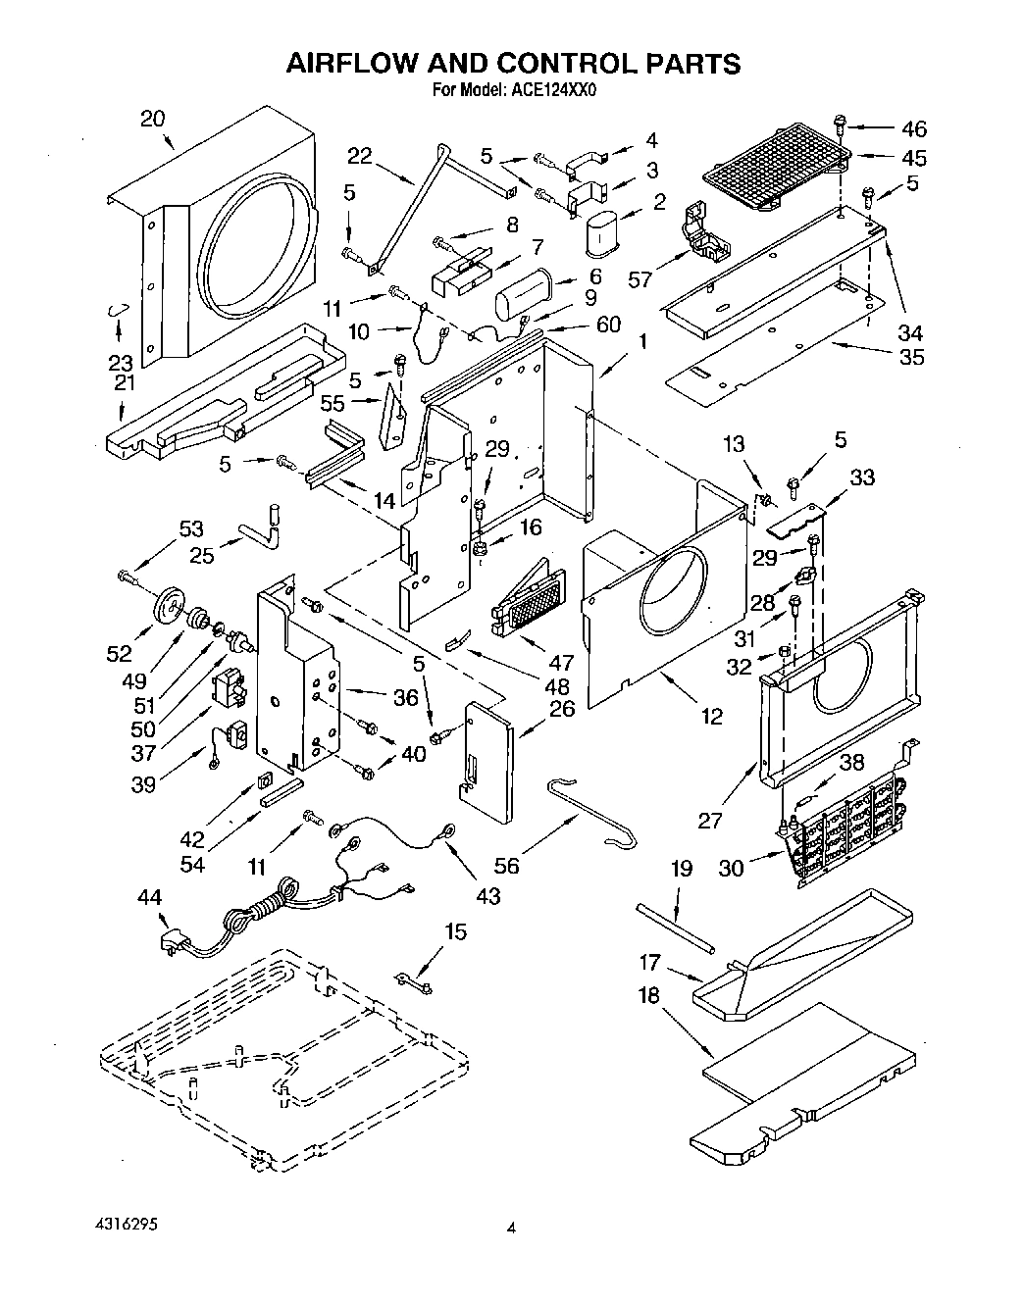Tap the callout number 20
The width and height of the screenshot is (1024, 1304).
[x=152, y=119]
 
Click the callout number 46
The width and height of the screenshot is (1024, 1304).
[x=913, y=128]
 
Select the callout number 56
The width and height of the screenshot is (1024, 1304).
[x=506, y=866]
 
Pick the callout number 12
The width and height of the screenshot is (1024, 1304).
[x=712, y=717]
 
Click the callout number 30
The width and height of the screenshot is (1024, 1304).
[x=732, y=867]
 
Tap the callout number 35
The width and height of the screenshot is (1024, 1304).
[x=911, y=356]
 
